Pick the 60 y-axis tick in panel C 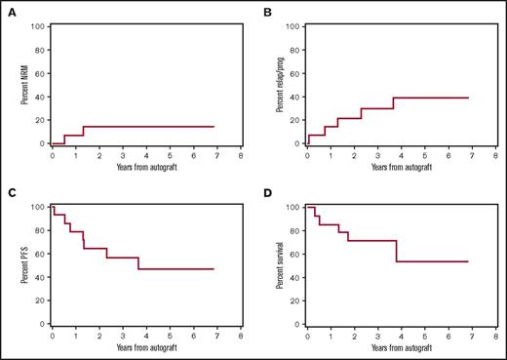pyautogui.click(x=44, y=254)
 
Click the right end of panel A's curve pyautogui.click(x=213, y=127)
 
